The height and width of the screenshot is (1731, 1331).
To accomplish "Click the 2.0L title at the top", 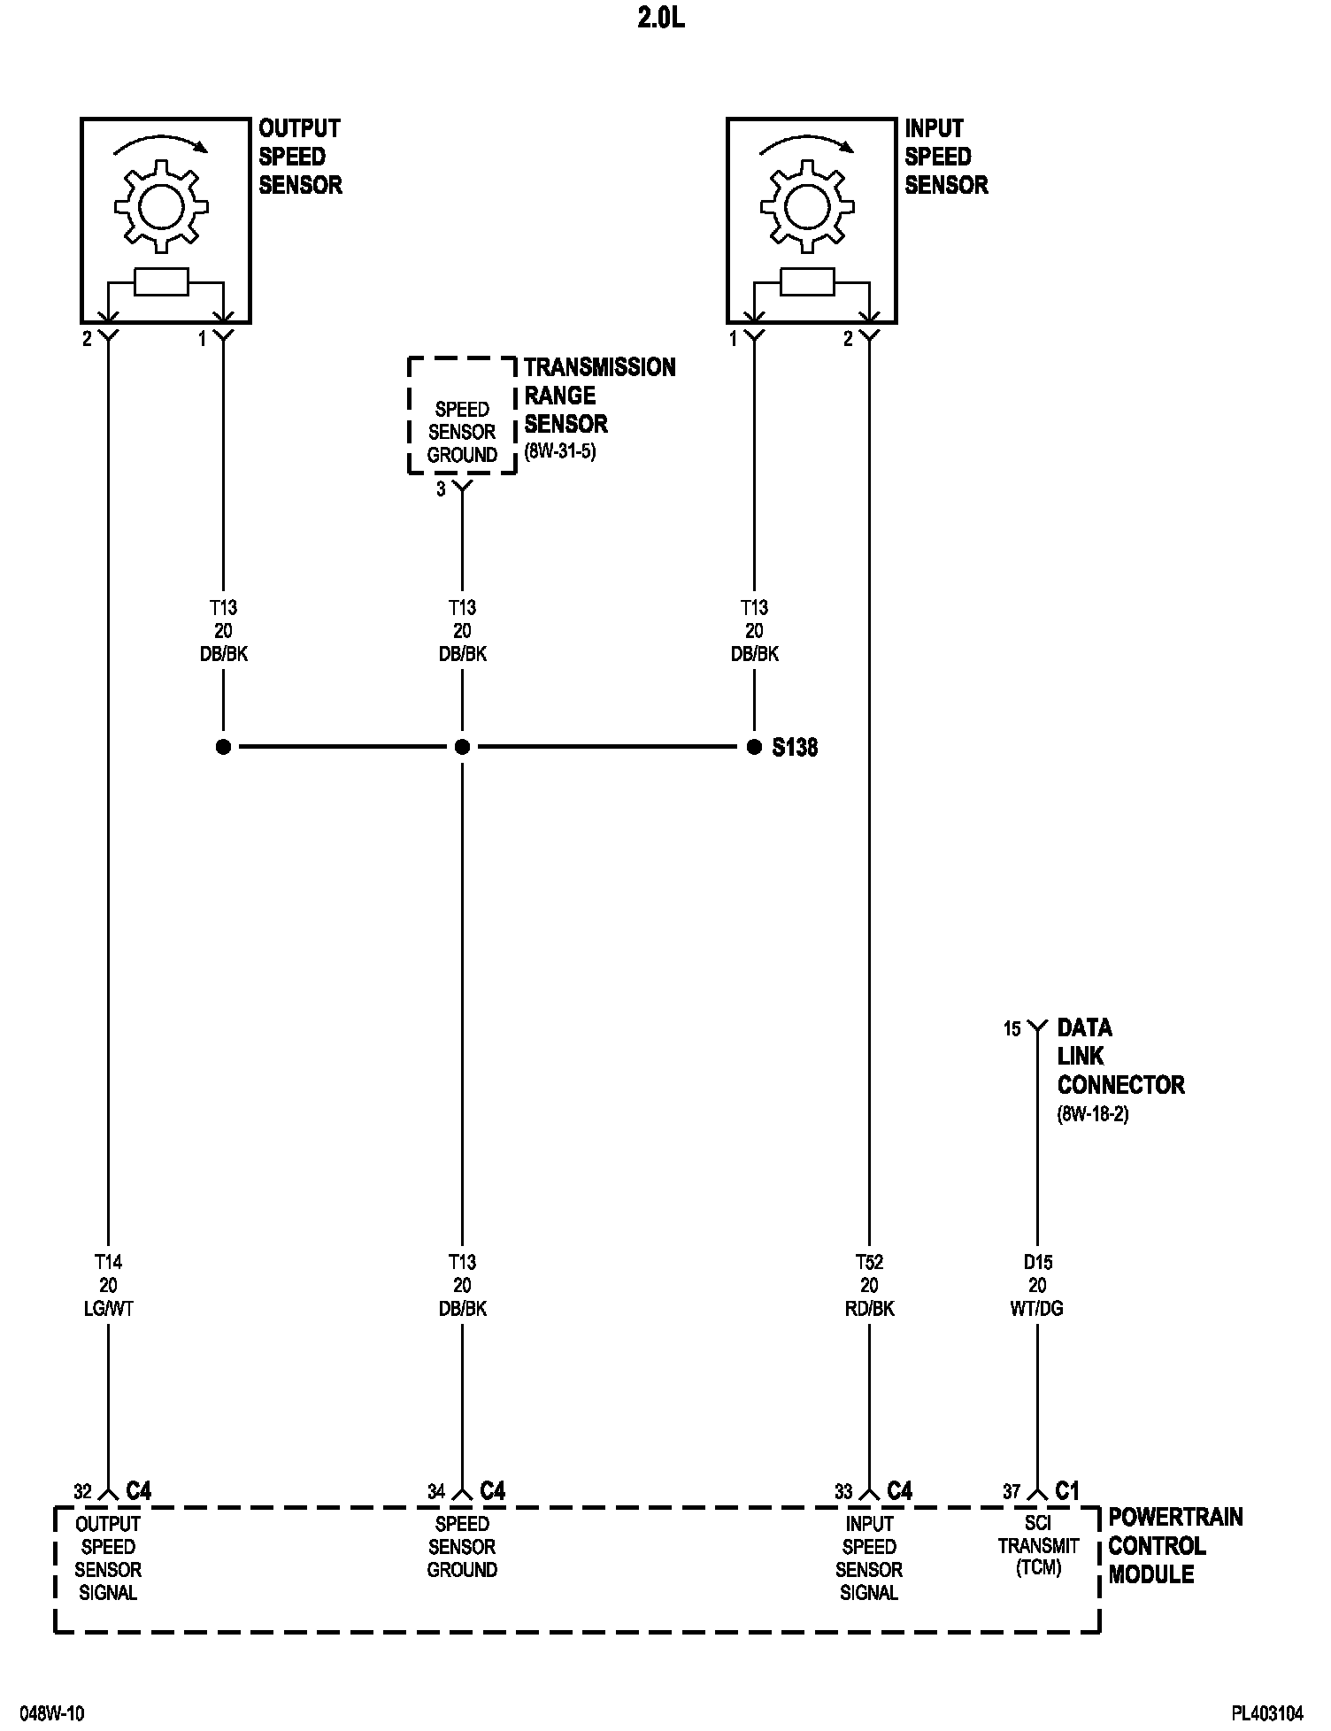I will [661, 19].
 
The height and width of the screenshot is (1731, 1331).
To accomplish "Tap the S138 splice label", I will [794, 748].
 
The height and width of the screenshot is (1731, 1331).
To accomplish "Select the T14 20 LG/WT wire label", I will [108, 1285].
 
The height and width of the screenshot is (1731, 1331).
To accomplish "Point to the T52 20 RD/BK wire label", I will [869, 1285].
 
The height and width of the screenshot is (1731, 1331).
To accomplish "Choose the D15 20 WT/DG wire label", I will [1037, 1285].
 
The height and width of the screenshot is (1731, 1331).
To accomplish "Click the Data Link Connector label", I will [1119, 1057].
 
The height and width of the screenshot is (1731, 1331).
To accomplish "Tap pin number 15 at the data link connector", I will [1012, 1029].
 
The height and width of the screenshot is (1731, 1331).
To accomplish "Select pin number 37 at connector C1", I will [1012, 1491].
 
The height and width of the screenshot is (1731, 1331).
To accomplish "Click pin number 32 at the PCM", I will [82, 1491].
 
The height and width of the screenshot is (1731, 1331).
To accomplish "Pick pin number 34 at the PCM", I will [436, 1491].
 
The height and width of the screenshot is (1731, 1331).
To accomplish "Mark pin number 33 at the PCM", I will [843, 1491].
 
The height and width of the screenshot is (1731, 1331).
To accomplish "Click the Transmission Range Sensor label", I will [598, 396].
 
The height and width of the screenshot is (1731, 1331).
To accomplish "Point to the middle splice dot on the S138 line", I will [462, 748].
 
